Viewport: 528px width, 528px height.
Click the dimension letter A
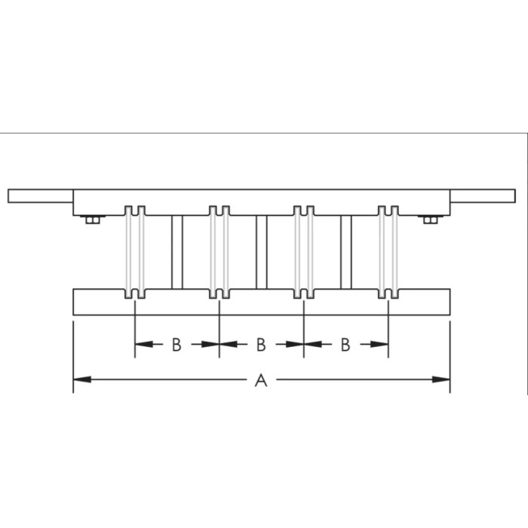[x=261, y=381]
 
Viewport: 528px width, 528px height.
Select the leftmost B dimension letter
[x=176, y=345]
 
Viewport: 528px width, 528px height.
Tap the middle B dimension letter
[x=260, y=345]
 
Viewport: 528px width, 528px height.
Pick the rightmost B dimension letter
[x=345, y=345]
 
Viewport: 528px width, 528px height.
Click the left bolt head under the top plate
[x=93, y=219]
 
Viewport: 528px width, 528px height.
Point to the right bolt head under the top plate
[x=430, y=219]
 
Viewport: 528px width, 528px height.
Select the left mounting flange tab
[x=39, y=196]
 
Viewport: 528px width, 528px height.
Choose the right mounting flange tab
[x=482, y=196]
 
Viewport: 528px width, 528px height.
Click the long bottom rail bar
[x=261, y=302]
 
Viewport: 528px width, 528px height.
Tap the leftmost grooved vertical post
[x=135, y=252]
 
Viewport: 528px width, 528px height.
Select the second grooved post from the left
[x=219, y=252]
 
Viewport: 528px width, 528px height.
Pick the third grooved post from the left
[x=304, y=252]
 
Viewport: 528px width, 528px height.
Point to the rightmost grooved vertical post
[x=388, y=252]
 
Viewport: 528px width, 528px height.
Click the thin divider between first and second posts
[x=177, y=252]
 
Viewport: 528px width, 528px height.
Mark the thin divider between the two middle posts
[x=262, y=252]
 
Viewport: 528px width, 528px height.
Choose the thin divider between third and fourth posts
[x=346, y=252]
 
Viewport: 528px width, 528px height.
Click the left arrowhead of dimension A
[x=79, y=379]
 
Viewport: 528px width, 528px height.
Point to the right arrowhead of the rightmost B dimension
[x=382, y=345]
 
